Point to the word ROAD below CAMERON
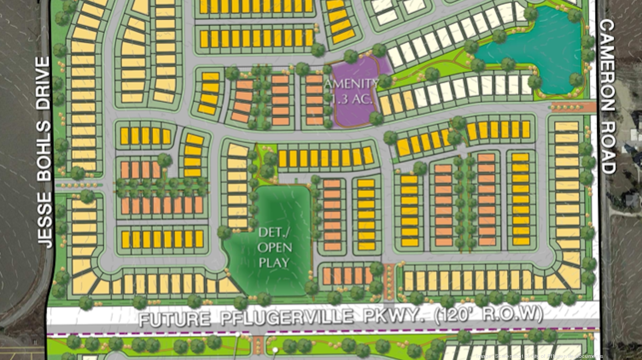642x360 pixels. [x=608, y=144]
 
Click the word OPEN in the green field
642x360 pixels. [x=274, y=248]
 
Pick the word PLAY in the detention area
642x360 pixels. [x=274, y=262]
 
